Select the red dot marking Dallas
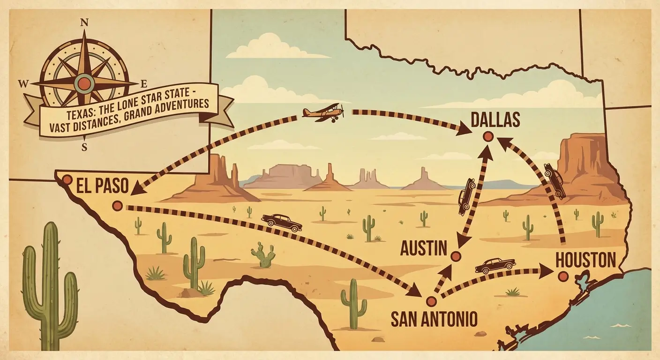(x=488, y=136)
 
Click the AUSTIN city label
(x=424, y=248)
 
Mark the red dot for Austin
(x=456, y=256)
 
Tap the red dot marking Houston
(x=563, y=277)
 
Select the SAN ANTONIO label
(x=434, y=320)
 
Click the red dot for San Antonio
(x=431, y=301)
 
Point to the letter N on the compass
(x=84, y=22)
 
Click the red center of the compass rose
(x=84, y=84)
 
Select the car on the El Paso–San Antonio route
(x=282, y=222)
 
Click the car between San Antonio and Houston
(x=495, y=265)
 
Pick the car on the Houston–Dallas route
(x=555, y=181)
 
